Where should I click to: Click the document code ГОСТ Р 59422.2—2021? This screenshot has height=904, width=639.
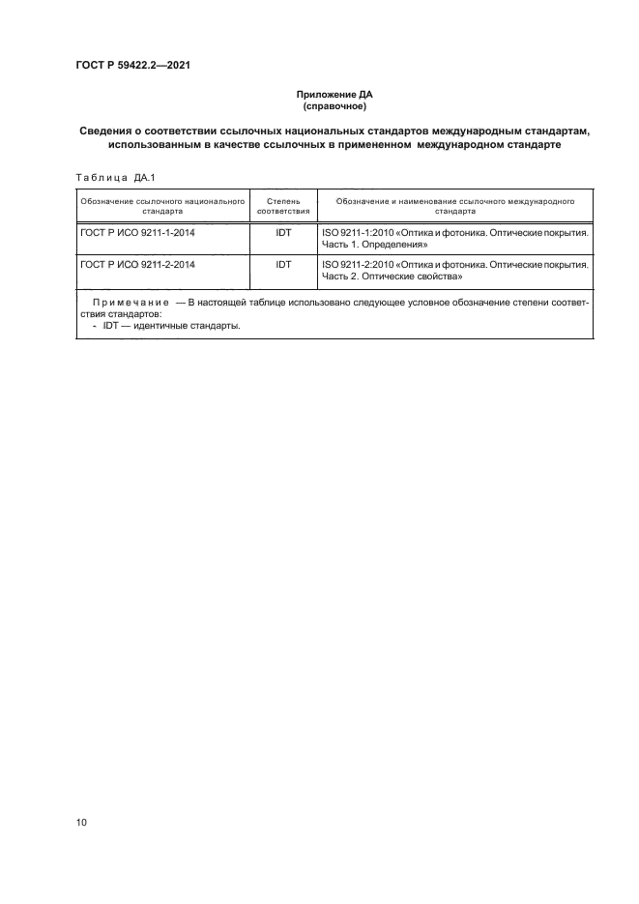[x=133, y=65]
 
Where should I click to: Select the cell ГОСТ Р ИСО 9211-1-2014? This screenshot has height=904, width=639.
[x=137, y=234]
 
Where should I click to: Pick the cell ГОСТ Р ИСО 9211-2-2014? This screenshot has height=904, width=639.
[x=137, y=262]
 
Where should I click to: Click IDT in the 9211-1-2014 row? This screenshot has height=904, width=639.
[x=284, y=234]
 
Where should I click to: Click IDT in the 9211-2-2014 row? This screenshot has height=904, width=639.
[x=284, y=262]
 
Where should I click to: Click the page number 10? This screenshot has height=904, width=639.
[x=81, y=823]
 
